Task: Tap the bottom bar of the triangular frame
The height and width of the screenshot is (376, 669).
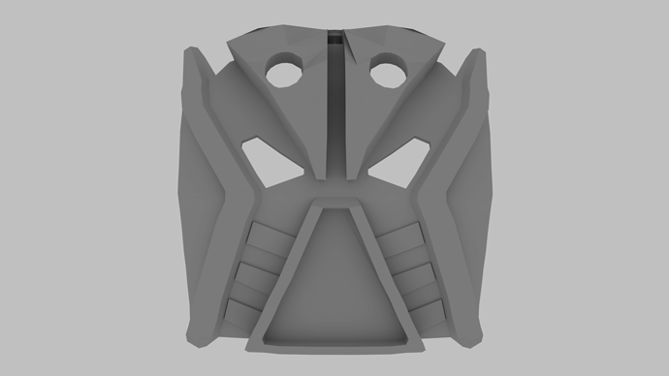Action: click(x=334, y=342)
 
